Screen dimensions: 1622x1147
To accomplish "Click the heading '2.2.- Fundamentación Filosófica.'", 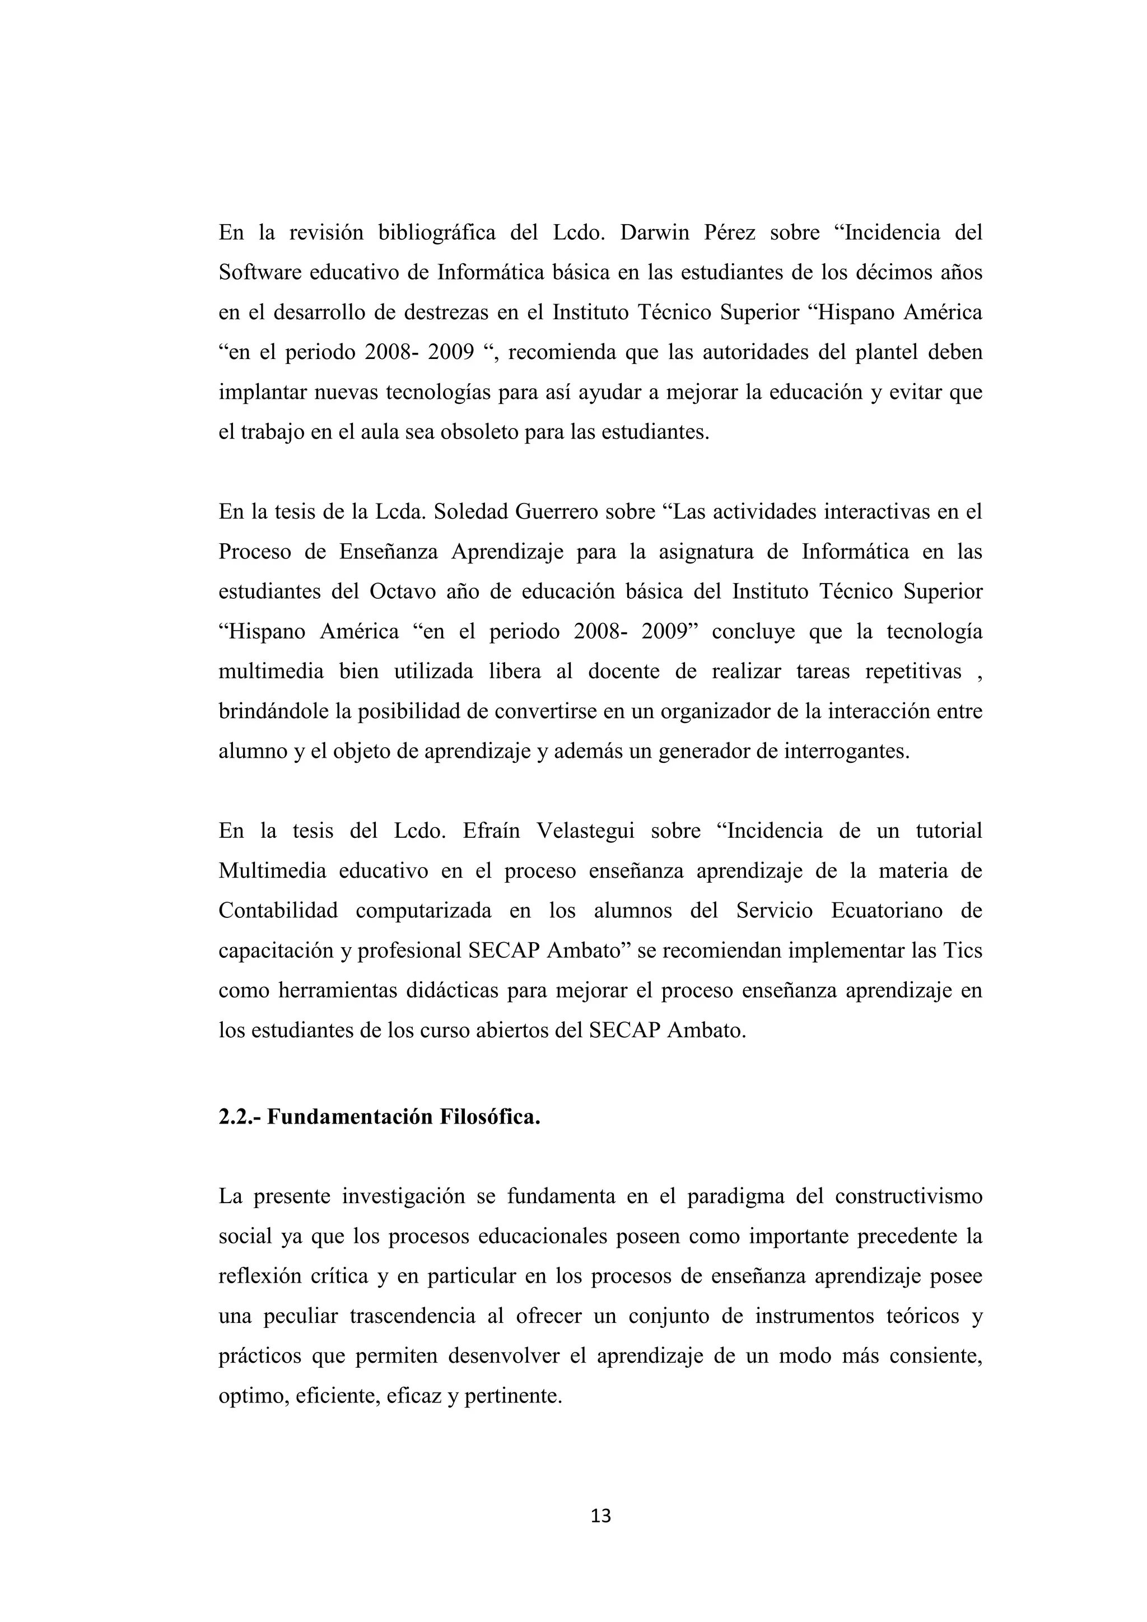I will pyautogui.click(x=379, y=1117).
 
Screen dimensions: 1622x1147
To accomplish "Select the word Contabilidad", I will pyautogui.click(x=278, y=911).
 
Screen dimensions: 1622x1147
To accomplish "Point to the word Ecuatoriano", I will pyautogui.click(x=887, y=911).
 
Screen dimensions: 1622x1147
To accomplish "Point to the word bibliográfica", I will pyautogui.click(x=437, y=232).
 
